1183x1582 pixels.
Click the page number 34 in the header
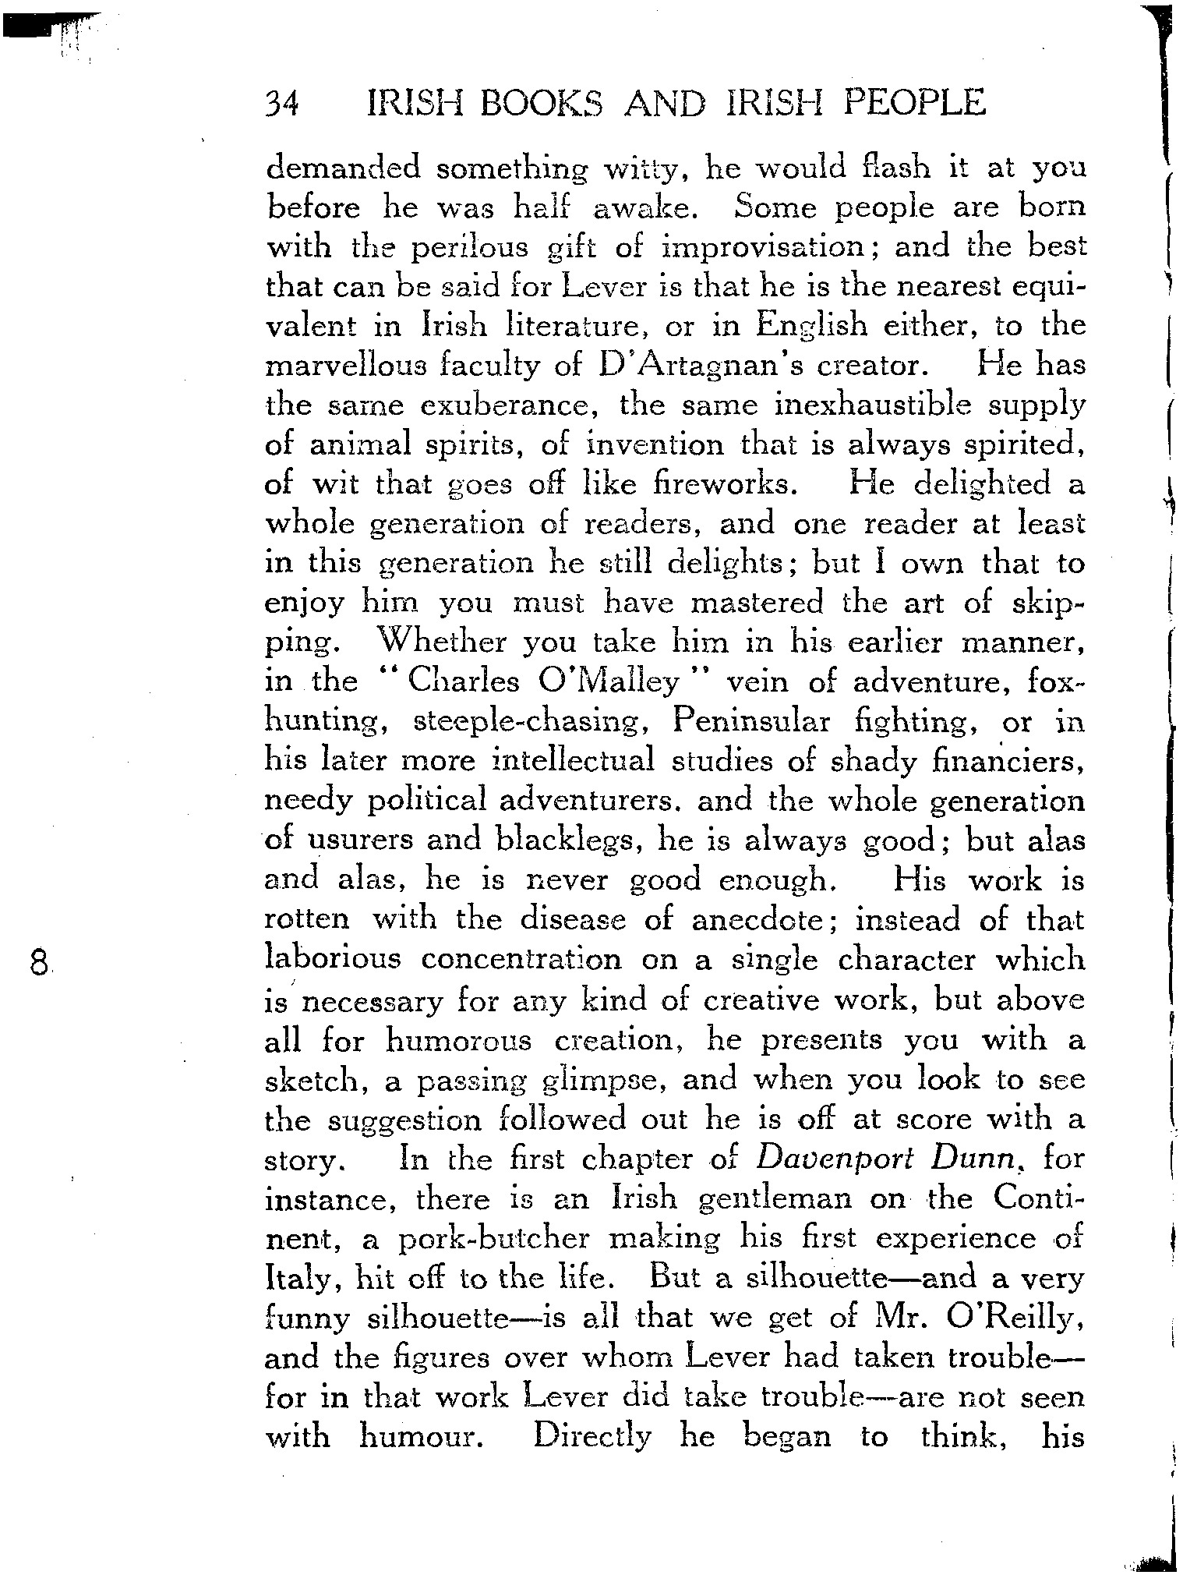pyautogui.click(x=283, y=103)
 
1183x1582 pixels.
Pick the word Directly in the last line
pyautogui.click(x=591, y=1436)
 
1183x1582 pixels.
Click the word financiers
pyautogui.click(x=1008, y=761)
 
